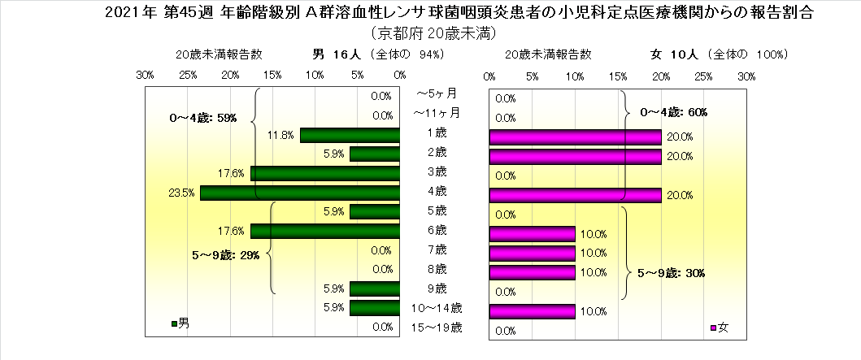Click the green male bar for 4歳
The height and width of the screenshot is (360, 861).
(x=300, y=193)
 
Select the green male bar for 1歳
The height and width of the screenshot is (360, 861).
(x=350, y=135)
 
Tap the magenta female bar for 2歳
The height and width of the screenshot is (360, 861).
(x=575, y=155)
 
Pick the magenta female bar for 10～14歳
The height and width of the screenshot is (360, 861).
(x=532, y=310)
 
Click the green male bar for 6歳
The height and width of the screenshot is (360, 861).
(x=325, y=232)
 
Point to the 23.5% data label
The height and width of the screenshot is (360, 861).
(x=183, y=193)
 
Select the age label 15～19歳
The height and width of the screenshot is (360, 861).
(x=437, y=327)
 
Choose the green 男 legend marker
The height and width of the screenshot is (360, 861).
(x=174, y=324)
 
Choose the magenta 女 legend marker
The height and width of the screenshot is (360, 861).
(x=713, y=328)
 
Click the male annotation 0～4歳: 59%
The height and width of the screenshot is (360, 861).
(x=203, y=118)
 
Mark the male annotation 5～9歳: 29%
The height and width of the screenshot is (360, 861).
(x=225, y=255)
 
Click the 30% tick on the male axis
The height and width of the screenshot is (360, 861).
(x=146, y=75)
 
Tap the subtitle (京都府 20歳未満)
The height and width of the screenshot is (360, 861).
(x=431, y=34)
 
